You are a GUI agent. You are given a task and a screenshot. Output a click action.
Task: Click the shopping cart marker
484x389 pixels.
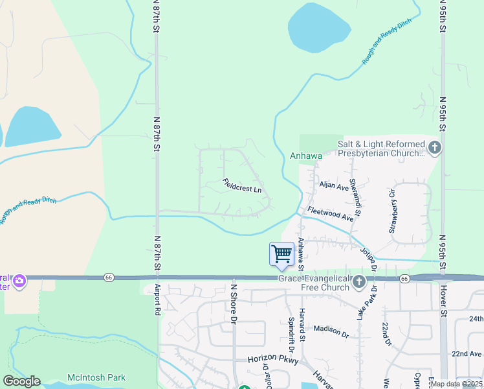281,253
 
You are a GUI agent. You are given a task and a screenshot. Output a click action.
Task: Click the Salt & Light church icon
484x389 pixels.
434,147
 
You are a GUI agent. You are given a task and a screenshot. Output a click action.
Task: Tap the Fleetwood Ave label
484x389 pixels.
331,214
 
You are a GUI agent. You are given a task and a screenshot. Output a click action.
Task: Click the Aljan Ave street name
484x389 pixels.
334,186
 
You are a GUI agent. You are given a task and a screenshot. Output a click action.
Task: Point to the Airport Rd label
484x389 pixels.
157,299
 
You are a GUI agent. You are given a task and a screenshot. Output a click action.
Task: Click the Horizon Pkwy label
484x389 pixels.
270,359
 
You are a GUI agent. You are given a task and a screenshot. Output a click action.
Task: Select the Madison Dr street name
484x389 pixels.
331,331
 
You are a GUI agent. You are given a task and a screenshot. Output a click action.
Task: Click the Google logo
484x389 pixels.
21,381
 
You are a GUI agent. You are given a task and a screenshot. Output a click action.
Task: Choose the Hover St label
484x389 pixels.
444,300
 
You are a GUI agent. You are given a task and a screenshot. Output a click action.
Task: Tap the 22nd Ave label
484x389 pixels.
467,354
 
